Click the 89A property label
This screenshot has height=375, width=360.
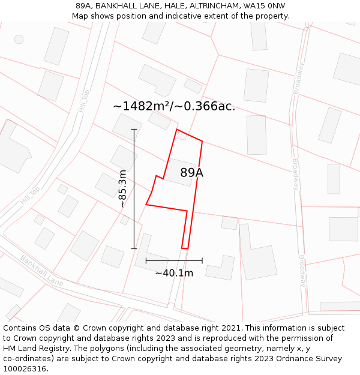[191, 173]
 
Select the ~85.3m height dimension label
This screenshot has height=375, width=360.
[122, 188]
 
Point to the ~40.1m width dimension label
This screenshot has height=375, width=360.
[174, 273]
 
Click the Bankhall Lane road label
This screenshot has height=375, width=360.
[41, 271]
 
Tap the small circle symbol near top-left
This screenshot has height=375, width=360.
[19, 39]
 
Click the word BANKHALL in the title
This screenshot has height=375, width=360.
[118, 6]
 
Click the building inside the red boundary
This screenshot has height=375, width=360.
[180, 172]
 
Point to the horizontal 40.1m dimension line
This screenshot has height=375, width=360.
[174, 260]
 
